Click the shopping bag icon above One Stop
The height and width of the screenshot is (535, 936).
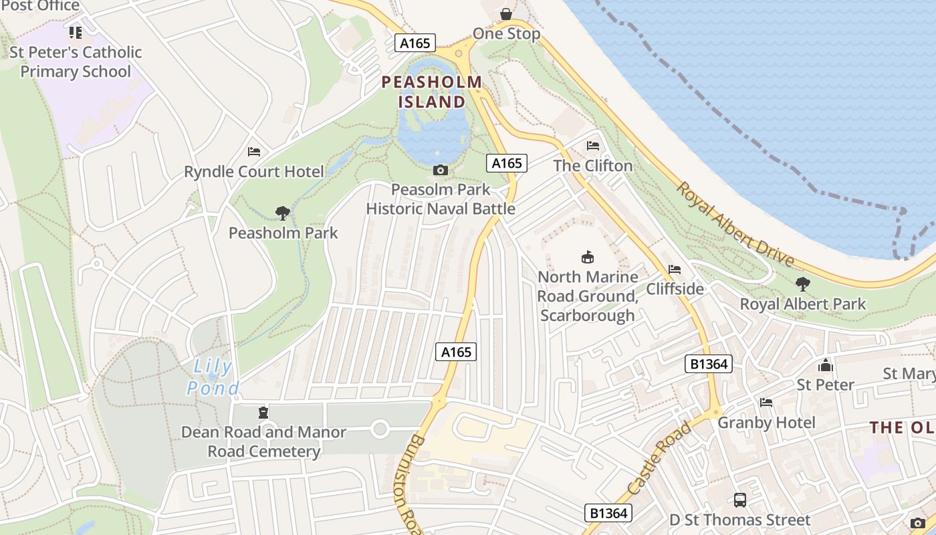(x=506, y=14)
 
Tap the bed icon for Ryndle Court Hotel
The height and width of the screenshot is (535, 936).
(x=253, y=152)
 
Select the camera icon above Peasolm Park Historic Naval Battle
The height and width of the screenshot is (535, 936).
(x=440, y=171)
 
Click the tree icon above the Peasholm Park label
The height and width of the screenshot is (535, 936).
(x=283, y=213)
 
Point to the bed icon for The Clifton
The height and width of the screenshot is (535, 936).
(x=592, y=146)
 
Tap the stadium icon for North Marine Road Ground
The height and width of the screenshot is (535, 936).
(x=588, y=257)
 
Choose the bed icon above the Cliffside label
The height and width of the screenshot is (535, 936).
(x=675, y=270)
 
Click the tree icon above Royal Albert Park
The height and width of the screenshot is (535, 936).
(x=802, y=284)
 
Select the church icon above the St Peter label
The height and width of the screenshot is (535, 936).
(x=826, y=365)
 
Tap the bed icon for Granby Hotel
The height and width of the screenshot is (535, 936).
(x=766, y=403)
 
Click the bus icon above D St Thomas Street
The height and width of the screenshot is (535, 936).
(x=740, y=500)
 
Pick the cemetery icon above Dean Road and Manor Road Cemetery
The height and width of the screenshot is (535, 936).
(x=263, y=412)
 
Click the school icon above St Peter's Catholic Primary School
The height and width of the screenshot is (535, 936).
(x=76, y=32)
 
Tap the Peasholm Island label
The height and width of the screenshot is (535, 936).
(x=432, y=92)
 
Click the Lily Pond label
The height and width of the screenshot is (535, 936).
(x=213, y=377)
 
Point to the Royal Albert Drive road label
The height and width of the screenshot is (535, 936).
(x=735, y=224)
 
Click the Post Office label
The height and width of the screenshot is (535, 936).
(x=40, y=6)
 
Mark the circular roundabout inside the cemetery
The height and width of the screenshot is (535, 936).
(x=380, y=429)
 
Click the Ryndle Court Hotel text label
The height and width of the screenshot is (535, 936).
(x=254, y=172)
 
